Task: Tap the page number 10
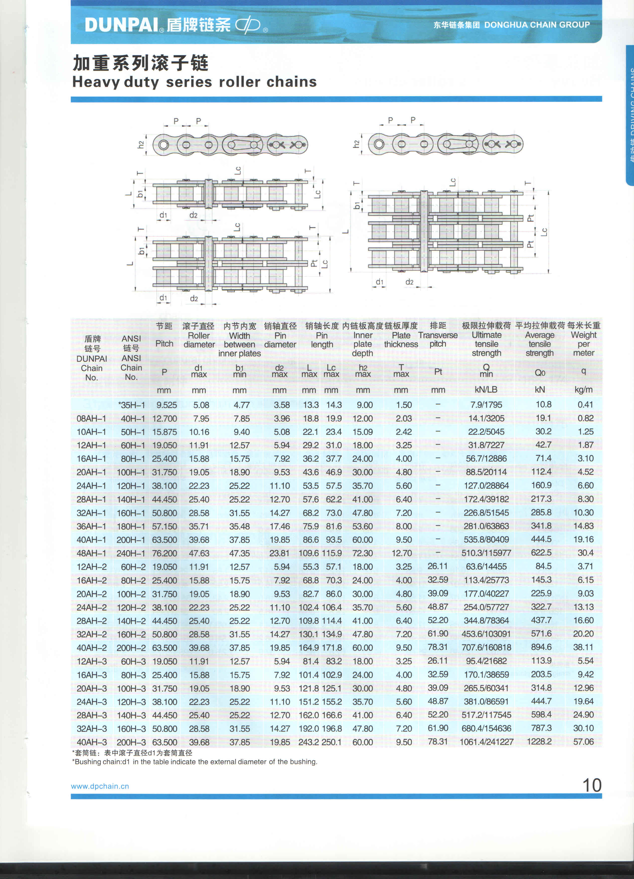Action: [x=592, y=785]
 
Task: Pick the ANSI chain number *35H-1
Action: [x=131, y=405]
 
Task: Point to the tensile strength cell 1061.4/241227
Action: [x=486, y=742]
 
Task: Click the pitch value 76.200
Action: [x=165, y=553]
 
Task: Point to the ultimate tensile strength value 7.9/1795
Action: [x=486, y=405]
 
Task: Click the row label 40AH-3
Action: [x=92, y=742]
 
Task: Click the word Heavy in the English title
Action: [x=96, y=82]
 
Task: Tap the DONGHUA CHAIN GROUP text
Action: [x=537, y=25]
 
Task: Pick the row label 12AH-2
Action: [x=92, y=567]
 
